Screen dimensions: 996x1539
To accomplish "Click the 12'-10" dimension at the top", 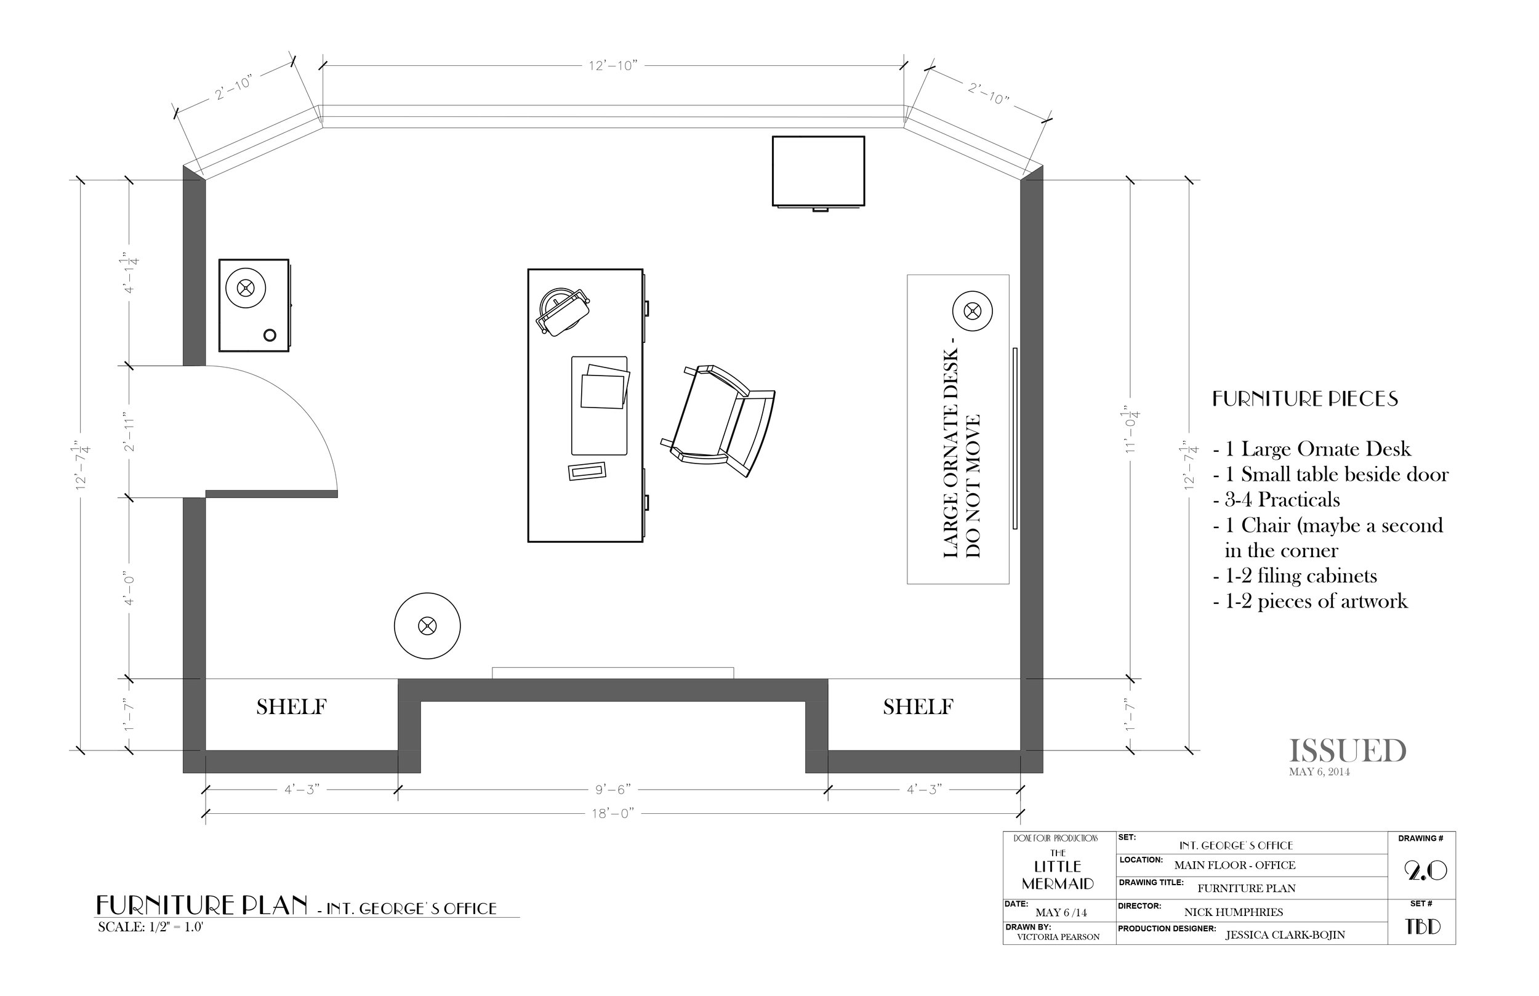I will (x=613, y=65).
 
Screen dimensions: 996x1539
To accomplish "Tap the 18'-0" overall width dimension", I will (x=613, y=813).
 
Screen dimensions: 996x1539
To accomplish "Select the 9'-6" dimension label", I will (x=613, y=790).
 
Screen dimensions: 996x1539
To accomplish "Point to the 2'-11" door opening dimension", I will (x=129, y=432).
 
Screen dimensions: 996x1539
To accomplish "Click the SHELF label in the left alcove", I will (x=291, y=707).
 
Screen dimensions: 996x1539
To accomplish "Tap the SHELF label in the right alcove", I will (x=918, y=707).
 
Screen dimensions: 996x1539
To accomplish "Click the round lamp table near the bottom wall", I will (x=427, y=626).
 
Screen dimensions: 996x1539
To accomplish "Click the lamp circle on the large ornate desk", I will (x=971, y=311).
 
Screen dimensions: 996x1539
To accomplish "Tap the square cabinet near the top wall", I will (x=818, y=171).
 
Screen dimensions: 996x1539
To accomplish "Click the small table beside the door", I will (x=254, y=305).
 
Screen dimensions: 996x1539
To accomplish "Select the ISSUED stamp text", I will (x=1348, y=751).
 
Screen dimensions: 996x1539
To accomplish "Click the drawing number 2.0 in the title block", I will (x=1424, y=872).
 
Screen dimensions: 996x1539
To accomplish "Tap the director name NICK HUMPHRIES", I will (x=1233, y=912).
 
